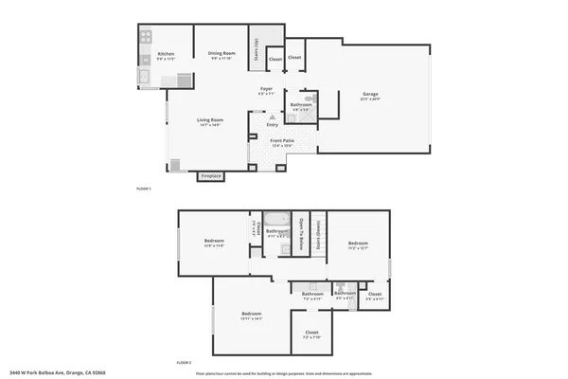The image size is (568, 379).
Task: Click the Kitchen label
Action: tap(166, 55)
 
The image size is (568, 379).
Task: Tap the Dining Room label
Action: tap(221, 55)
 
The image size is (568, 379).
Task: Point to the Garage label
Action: tap(370, 94)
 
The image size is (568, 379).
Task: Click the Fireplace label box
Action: tap(210, 175)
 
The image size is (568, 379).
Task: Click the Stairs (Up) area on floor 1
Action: tap(255, 48)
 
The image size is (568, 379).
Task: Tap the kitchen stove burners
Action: tap(145, 39)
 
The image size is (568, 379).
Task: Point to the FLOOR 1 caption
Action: tap(144, 189)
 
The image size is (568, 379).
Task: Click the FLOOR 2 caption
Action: tap(184, 362)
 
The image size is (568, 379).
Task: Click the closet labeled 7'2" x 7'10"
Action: tap(311, 334)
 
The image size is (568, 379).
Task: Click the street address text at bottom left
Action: tap(44, 372)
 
